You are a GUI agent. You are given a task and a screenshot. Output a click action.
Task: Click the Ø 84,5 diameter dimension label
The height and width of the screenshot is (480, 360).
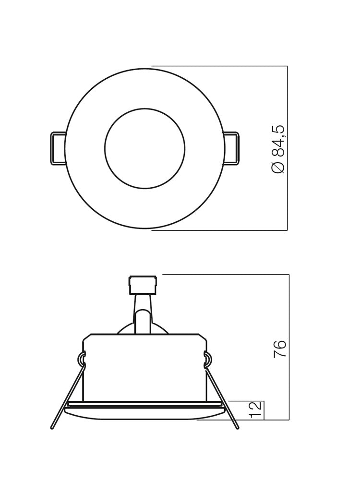(x=278, y=149)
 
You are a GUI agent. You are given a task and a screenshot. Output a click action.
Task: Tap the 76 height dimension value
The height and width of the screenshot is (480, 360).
(x=280, y=348)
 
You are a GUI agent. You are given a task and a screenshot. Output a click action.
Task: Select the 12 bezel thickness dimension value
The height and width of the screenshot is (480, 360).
(x=256, y=409)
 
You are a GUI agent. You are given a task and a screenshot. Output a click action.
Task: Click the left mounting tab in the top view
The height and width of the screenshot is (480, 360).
(x=58, y=149)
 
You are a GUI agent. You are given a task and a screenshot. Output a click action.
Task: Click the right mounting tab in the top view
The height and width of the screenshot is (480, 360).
(x=231, y=149)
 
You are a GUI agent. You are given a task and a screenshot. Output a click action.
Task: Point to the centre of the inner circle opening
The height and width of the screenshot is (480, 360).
(x=144, y=148)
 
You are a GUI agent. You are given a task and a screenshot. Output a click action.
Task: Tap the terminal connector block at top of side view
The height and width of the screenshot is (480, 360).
(x=143, y=285)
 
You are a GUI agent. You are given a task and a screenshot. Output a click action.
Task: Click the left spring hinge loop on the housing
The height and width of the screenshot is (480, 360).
(x=82, y=359)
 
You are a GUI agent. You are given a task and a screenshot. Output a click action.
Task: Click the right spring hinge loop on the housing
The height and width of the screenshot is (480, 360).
(x=207, y=359)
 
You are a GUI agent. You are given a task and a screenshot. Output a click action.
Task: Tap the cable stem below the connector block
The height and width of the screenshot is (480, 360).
(x=143, y=314)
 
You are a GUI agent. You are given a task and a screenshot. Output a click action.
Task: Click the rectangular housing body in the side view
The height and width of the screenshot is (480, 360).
(x=144, y=367)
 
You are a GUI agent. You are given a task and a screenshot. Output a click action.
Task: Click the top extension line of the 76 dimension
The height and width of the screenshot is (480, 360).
(x=226, y=275)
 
